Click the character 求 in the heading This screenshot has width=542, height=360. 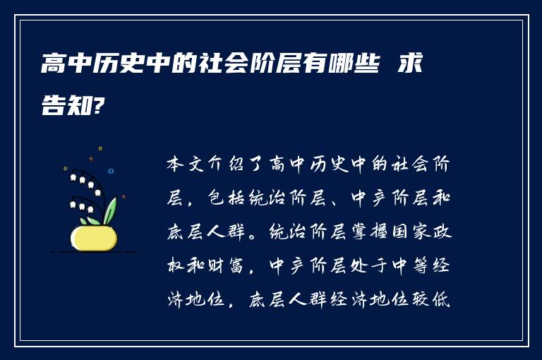(x=410, y=64)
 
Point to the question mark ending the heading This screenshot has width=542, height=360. (x=98, y=104)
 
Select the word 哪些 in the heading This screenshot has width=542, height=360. (x=354, y=64)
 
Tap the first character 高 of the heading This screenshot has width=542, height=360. (x=54, y=64)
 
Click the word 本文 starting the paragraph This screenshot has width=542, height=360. (x=186, y=164)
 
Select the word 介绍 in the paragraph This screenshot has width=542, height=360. (x=227, y=164)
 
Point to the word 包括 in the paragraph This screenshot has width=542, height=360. (x=227, y=198)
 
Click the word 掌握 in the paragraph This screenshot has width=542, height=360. (x=369, y=232)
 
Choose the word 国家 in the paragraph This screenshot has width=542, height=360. (x=410, y=232)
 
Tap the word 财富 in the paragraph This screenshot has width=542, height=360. (x=227, y=265)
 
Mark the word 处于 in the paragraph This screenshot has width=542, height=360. (x=369, y=265)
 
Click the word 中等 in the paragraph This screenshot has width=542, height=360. (x=410, y=265)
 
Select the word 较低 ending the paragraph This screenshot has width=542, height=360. (x=430, y=299)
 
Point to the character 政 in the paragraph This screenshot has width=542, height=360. (x=442, y=232)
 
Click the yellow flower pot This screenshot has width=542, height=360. (x=94, y=238)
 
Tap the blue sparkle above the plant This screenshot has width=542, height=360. (x=111, y=172)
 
